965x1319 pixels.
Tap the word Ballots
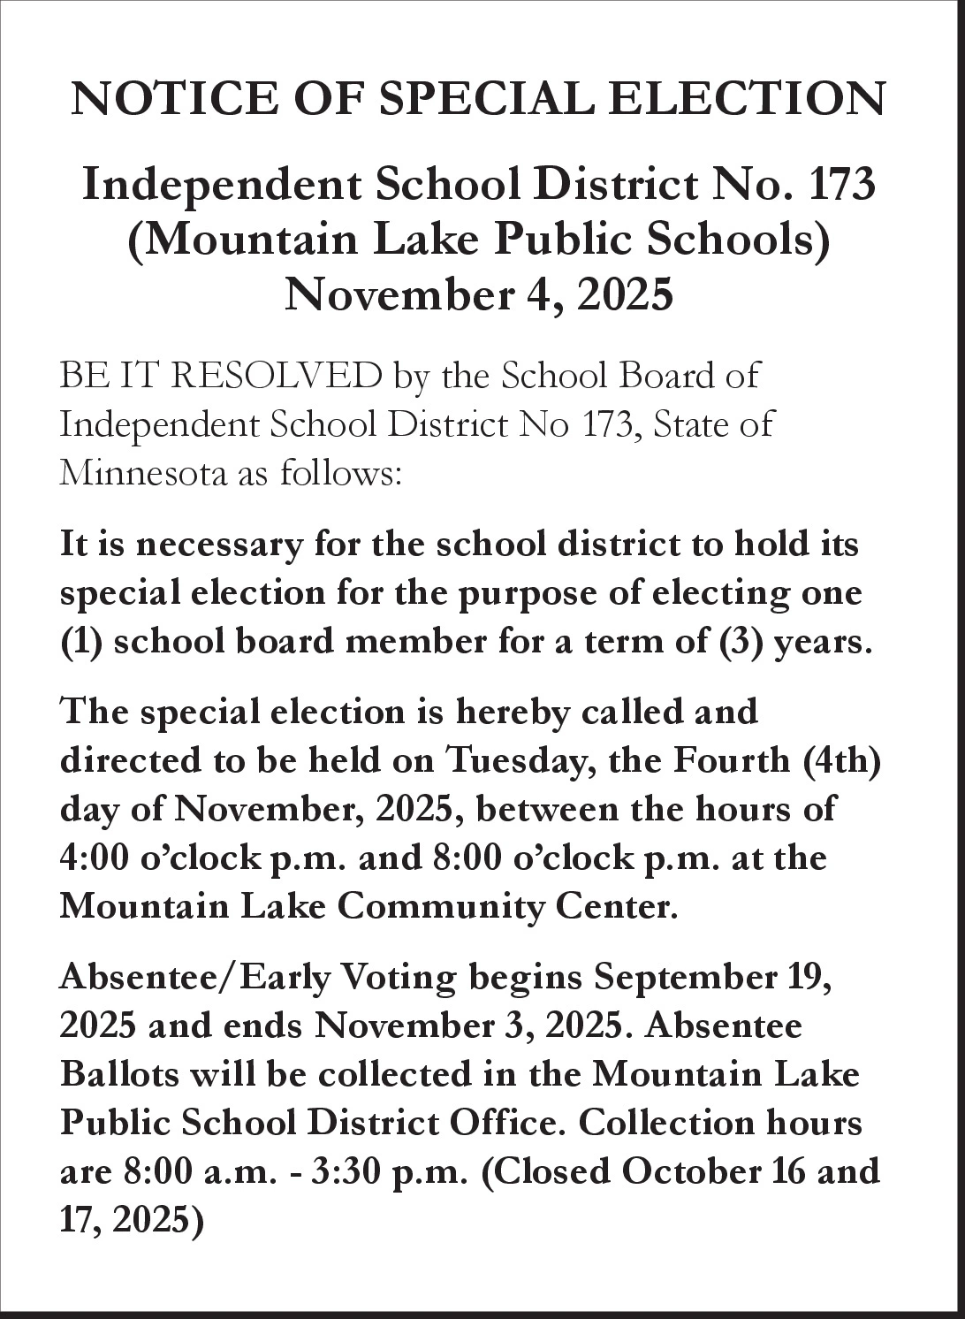(x=115, y=1075)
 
